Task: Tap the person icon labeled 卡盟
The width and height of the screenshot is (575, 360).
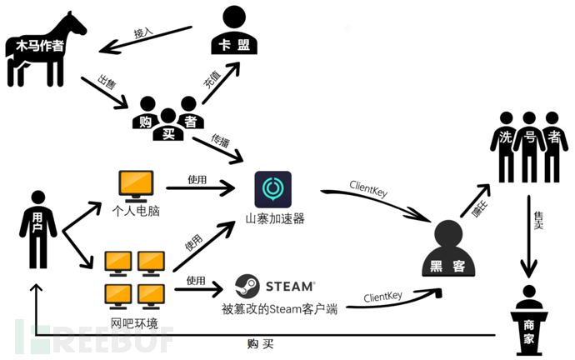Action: [x=234, y=31]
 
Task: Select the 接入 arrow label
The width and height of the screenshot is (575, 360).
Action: [x=143, y=32]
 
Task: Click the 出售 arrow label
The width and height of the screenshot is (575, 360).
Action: [x=107, y=82]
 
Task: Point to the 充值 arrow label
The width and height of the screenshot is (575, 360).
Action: [x=212, y=79]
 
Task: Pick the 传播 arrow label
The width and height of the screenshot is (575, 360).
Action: [x=220, y=141]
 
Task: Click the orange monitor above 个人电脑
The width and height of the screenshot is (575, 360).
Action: [x=136, y=186]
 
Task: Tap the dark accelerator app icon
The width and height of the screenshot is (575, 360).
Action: [x=272, y=189]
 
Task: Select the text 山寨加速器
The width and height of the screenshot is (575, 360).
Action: [x=275, y=219]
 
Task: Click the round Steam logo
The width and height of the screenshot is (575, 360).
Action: [x=247, y=286]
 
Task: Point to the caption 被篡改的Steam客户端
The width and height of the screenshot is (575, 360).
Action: [x=279, y=309]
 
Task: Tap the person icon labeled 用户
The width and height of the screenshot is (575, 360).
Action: [x=38, y=229]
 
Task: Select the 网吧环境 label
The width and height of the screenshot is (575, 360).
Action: [x=134, y=323]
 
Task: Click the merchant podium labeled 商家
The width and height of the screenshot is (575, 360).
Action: [x=529, y=320]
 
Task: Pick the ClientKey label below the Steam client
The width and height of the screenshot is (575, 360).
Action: [x=382, y=297]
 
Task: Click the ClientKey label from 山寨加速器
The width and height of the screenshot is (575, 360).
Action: [x=368, y=189]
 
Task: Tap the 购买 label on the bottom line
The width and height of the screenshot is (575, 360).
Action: [x=260, y=344]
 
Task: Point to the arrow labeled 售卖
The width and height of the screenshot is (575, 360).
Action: [x=529, y=237]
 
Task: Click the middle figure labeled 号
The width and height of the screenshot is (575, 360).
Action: [x=529, y=147]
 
